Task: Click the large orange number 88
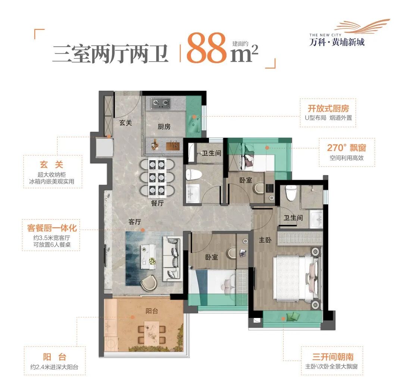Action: pyautogui.click(x=206, y=49)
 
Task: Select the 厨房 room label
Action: pyautogui.click(x=164, y=127)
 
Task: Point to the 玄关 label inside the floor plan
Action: pyautogui.click(x=125, y=123)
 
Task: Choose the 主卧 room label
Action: pyautogui.click(x=265, y=240)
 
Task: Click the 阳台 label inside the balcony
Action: pyautogui.click(x=152, y=310)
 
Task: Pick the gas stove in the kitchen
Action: pyautogui.click(x=160, y=102)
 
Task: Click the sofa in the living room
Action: pyautogui.click(x=172, y=258)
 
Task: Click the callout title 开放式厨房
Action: pyautogui.click(x=328, y=108)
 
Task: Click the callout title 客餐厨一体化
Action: pyautogui.click(x=52, y=227)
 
